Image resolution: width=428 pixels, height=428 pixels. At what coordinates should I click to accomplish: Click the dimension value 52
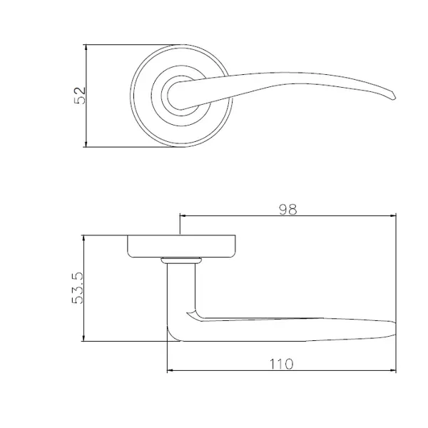click(x=80, y=96)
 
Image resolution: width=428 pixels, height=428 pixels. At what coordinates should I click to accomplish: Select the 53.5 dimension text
click(x=77, y=288)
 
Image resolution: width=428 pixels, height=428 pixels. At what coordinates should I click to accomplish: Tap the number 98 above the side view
click(x=287, y=210)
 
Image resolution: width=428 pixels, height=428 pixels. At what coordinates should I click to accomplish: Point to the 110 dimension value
click(x=282, y=364)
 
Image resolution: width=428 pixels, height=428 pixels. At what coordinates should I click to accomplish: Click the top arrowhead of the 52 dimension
click(x=86, y=47)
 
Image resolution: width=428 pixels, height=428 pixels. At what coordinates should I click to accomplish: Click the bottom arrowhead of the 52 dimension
click(x=86, y=144)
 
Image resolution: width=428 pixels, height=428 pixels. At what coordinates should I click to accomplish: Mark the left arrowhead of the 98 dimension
click(x=183, y=216)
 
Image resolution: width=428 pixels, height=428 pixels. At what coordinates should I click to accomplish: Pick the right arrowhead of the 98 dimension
click(x=393, y=216)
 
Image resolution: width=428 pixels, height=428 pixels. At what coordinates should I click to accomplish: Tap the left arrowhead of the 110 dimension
click(x=170, y=370)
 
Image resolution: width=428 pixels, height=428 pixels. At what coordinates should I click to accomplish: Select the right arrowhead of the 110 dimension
click(x=393, y=370)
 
